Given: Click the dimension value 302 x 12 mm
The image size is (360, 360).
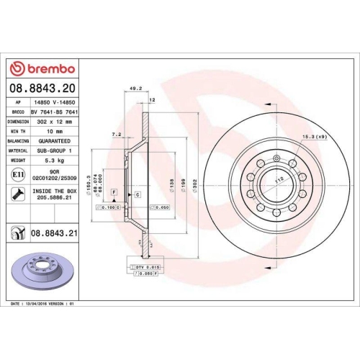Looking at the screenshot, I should (x=55, y=122).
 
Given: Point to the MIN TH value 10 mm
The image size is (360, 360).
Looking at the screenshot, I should (x=55, y=132).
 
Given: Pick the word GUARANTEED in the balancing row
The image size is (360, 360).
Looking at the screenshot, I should (x=55, y=142).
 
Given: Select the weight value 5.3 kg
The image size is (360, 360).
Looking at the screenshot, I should (x=55, y=161).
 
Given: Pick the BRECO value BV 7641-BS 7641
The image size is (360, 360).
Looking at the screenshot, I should (x=55, y=113).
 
